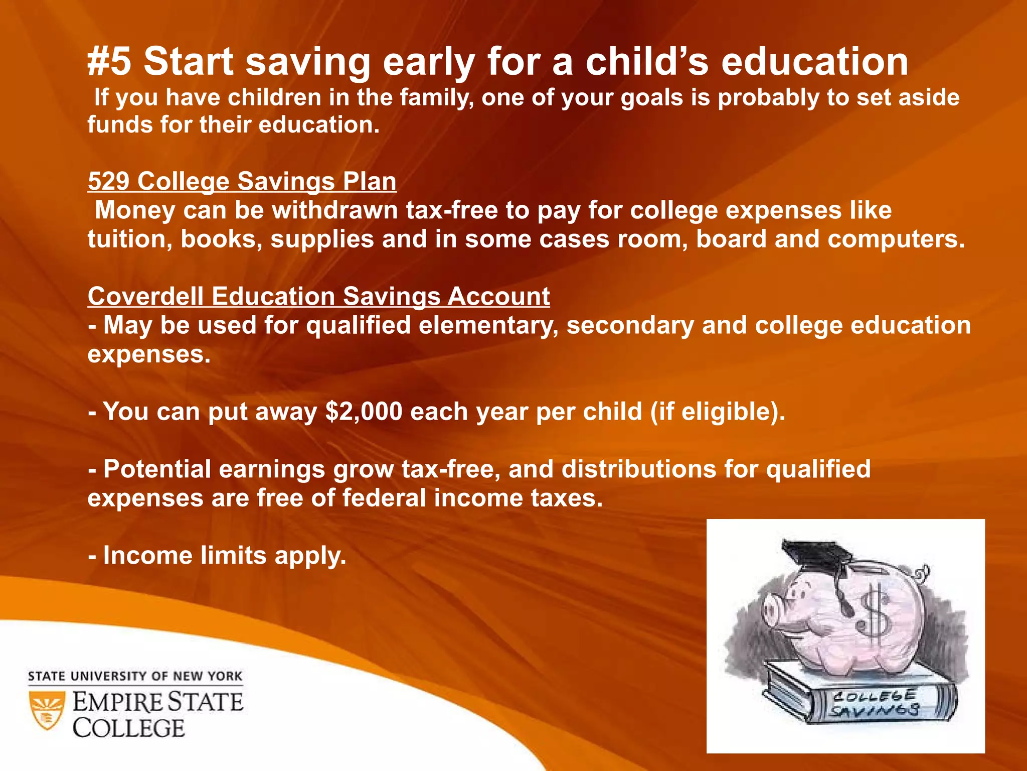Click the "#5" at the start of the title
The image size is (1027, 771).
click(109, 62)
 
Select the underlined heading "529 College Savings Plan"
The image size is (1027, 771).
click(242, 181)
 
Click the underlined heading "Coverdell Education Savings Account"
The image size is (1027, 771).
click(318, 296)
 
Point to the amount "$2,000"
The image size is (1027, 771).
click(364, 412)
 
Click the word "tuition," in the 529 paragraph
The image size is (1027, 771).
click(130, 239)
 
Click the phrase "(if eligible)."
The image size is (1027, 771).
click(718, 412)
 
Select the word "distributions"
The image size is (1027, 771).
click(638, 469)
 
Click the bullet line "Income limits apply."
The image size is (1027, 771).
click(217, 556)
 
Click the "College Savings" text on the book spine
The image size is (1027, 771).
click(874, 703)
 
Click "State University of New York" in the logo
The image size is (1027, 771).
click(135, 676)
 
